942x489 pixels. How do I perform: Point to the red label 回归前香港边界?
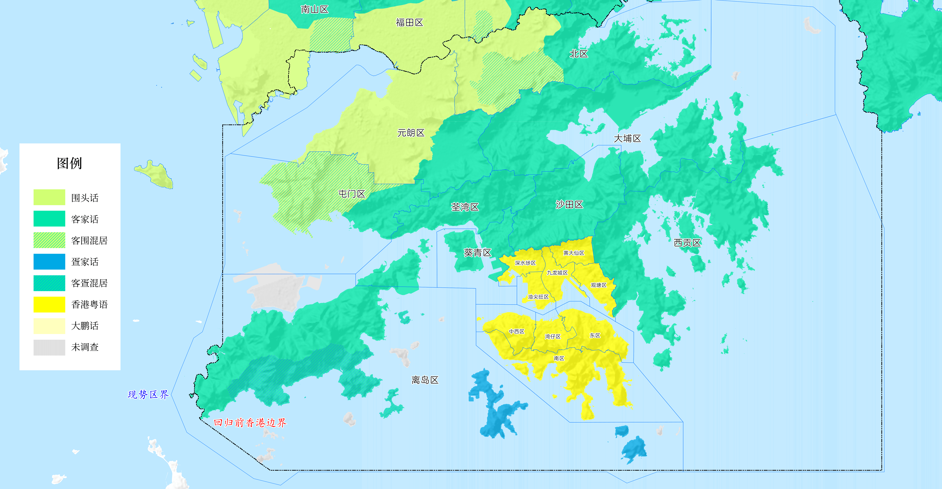pos(250,423)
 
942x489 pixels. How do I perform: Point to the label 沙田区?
pos(569,205)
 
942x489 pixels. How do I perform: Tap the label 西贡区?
pos(687,243)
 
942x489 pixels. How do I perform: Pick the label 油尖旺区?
pos(538,297)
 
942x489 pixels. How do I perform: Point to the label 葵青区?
pos(477,252)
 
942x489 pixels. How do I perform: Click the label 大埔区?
pos(627,139)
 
